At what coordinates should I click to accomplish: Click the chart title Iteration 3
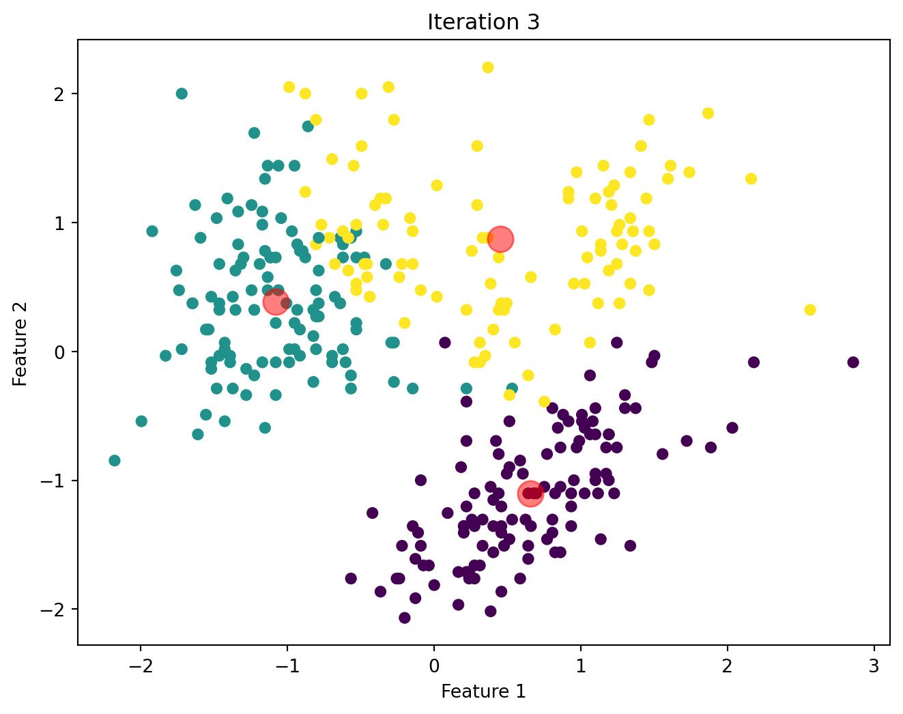click(483, 23)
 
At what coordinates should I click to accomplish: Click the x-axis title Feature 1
click(483, 691)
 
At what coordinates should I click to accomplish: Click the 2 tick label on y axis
click(60, 94)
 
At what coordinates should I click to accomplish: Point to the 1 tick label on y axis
click(60, 223)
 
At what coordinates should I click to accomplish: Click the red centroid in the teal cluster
click(275, 302)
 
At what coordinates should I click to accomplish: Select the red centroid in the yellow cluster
click(500, 239)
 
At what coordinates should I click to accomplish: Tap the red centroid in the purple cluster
click(530, 493)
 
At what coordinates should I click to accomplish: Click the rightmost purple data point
click(852, 362)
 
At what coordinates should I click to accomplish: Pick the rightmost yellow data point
click(810, 310)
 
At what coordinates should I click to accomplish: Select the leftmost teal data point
click(115, 461)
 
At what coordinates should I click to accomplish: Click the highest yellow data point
click(487, 68)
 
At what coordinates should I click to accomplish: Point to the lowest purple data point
click(405, 618)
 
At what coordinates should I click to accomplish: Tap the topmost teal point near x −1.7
click(182, 94)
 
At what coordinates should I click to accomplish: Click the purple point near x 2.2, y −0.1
click(754, 362)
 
